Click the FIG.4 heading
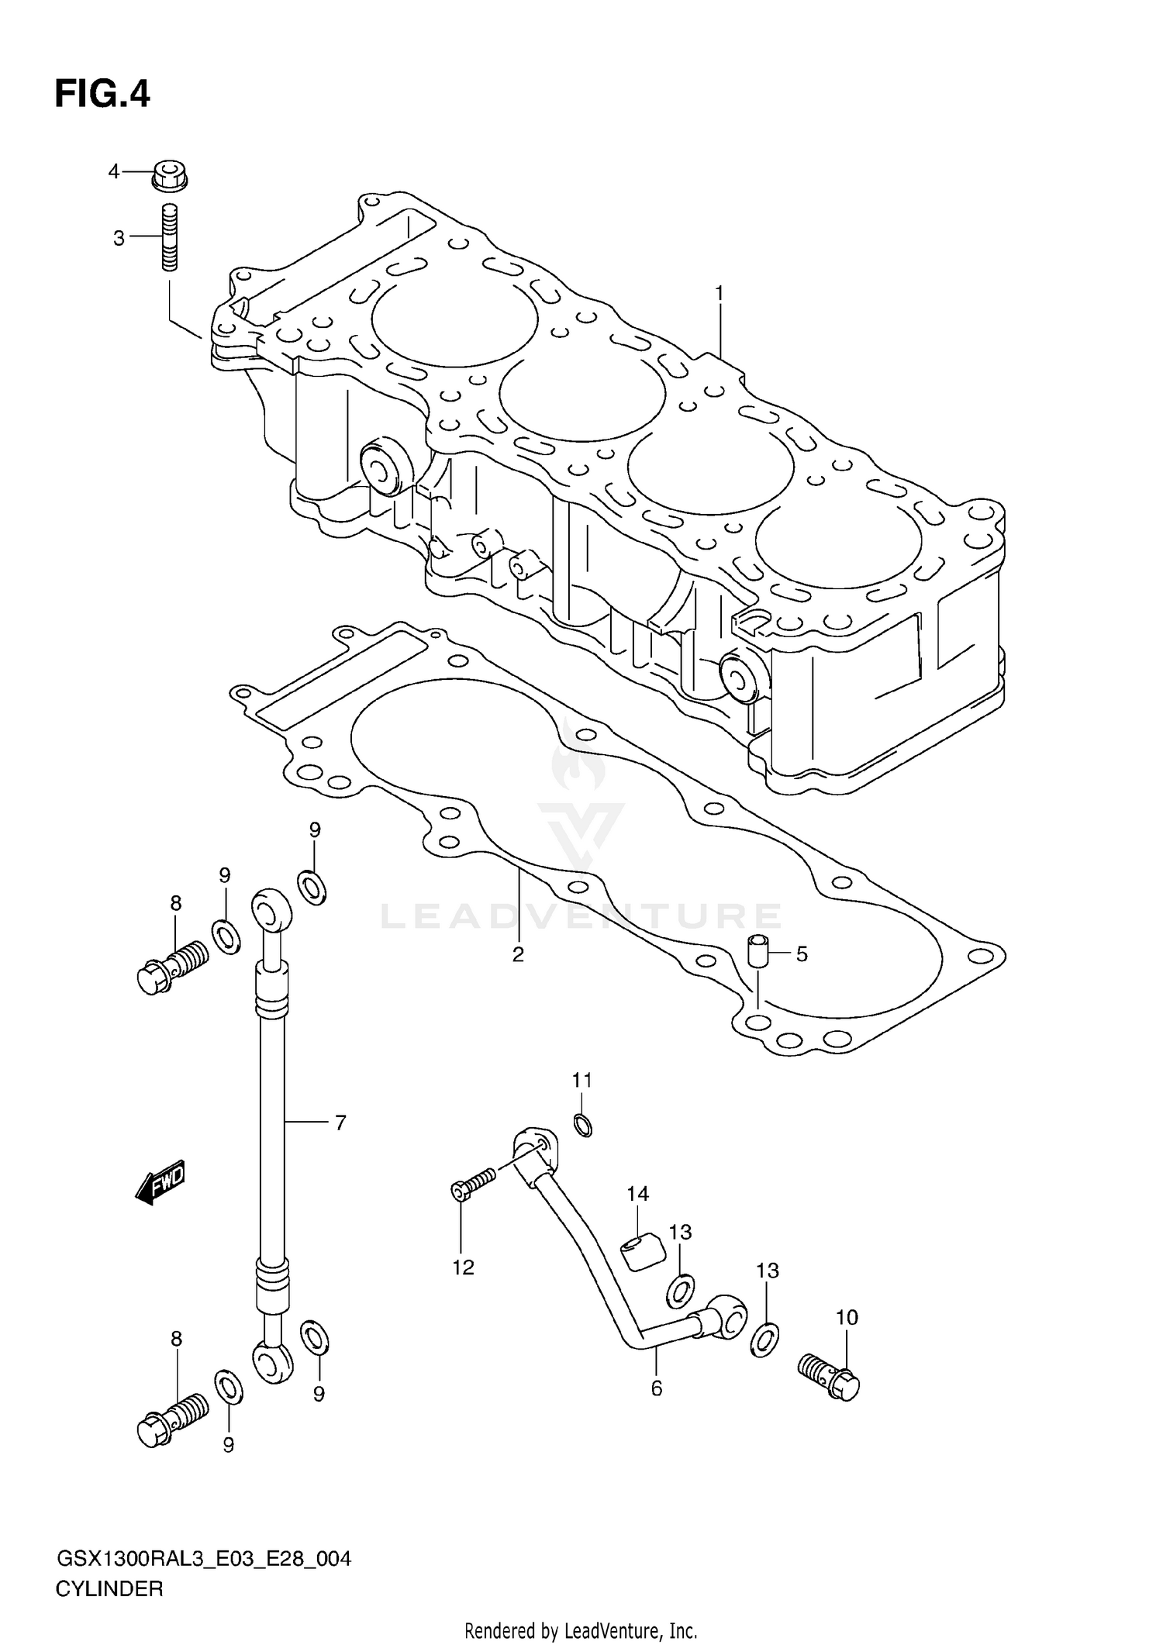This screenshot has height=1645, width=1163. tap(102, 94)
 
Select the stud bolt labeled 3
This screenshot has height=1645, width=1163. tap(170, 236)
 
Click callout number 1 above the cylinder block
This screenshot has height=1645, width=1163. tap(719, 293)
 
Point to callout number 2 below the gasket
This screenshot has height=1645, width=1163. tap(518, 954)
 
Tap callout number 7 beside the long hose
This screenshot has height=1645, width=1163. tap(340, 1122)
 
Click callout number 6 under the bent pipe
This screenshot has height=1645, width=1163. tap(656, 1388)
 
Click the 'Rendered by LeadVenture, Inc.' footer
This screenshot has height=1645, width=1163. tap(581, 1630)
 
